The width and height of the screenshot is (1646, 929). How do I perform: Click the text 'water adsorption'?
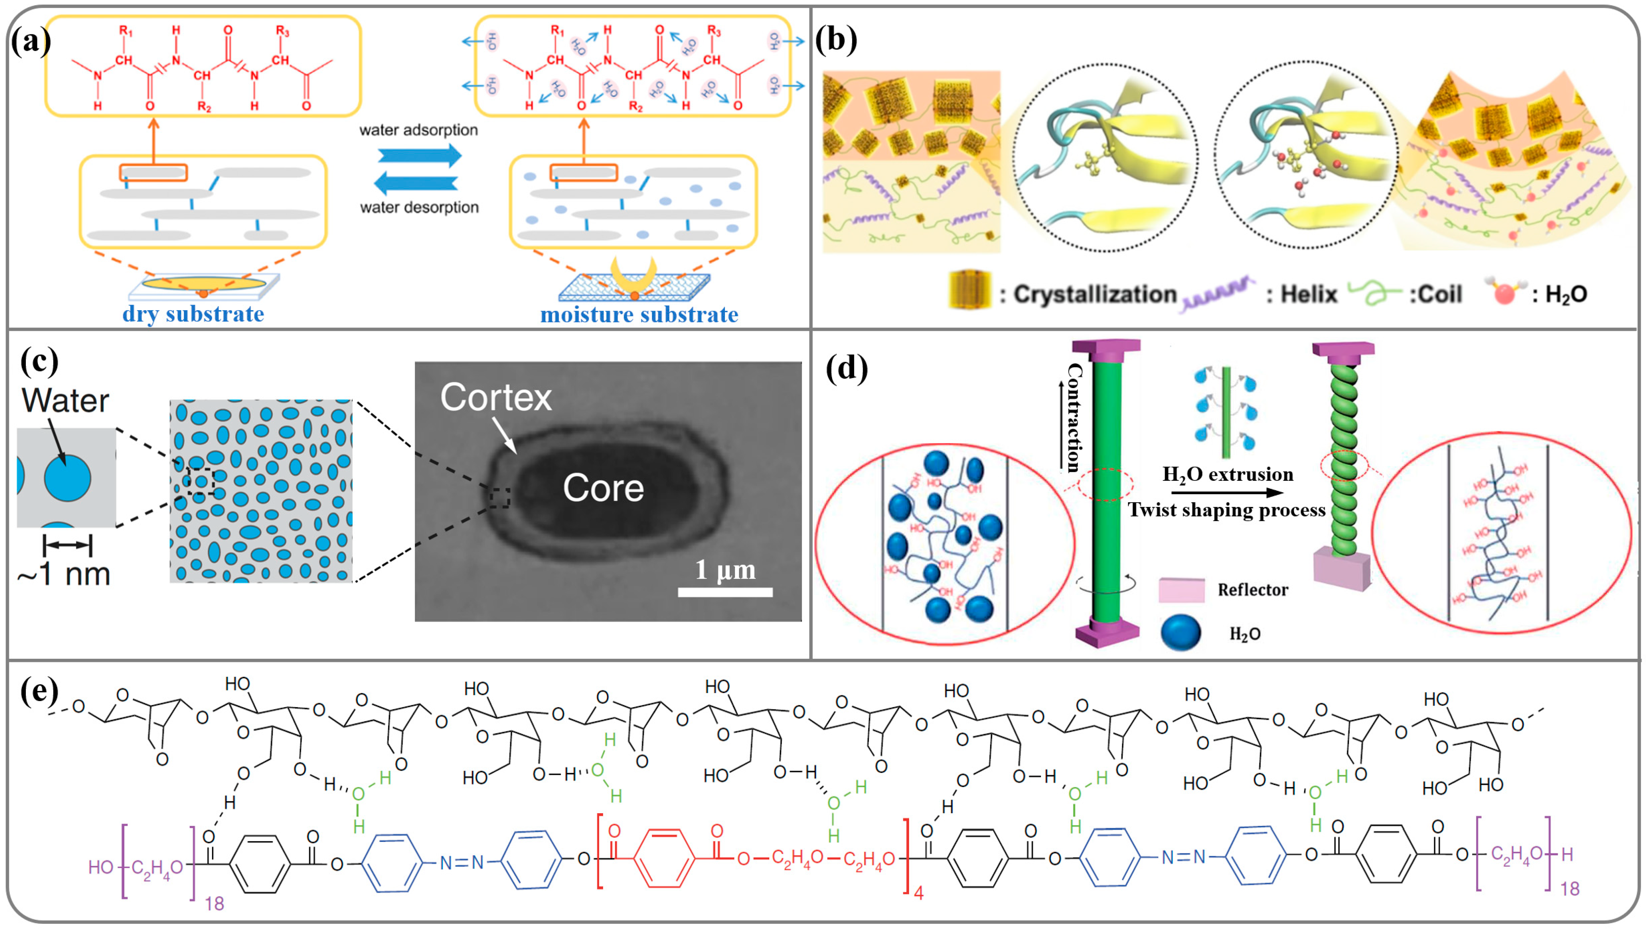pyautogui.click(x=418, y=130)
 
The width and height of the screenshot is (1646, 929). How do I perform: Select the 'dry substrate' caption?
pyautogui.click(x=193, y=314)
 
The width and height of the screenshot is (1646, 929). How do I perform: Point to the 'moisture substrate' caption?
pyautogui.click(x=639, y=315)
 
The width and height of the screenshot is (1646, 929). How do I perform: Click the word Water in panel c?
pyautogui.click(x=65, y=401)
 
